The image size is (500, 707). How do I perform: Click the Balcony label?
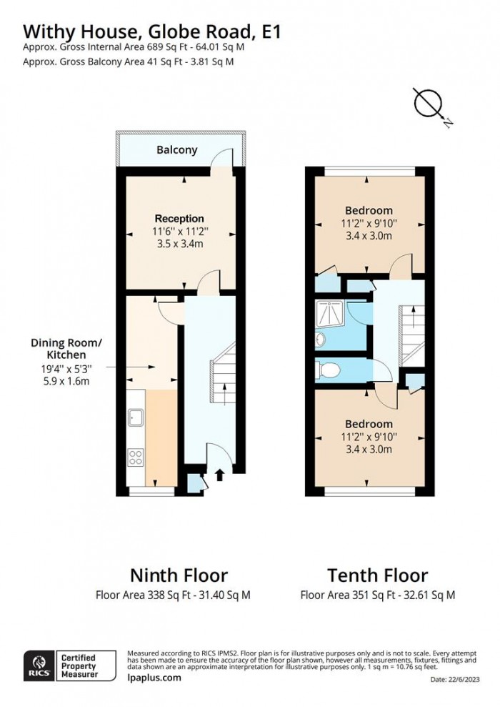tap(176, 150)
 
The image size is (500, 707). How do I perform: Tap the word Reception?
tap(179, 218)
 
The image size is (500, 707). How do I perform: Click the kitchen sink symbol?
tap(135, 416)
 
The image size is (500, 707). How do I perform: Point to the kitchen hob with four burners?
tap(135, 455)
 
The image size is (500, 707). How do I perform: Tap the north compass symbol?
tap(429, 104)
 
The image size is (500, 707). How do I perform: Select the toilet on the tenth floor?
tap(330, 370)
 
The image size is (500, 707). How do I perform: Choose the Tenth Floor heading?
tap(377, 575)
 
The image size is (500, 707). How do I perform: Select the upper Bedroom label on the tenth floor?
tap(369, 210)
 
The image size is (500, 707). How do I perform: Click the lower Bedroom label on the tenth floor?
tap(369, 424)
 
